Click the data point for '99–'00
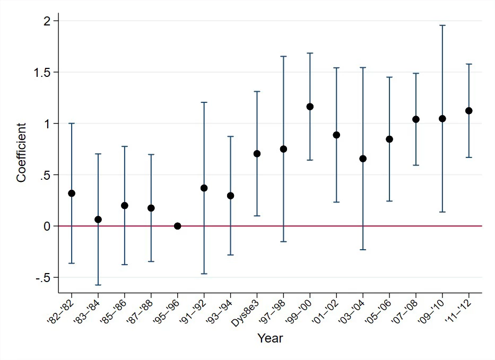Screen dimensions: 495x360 (310, 107)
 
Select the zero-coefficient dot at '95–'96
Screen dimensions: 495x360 (177, 226)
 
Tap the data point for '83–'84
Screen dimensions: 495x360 (98, 219)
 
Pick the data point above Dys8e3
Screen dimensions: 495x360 (257, 154)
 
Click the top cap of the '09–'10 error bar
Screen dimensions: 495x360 (442, 25)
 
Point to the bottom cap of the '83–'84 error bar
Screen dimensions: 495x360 (98, 285)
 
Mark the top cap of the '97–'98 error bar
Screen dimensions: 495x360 (283, 56)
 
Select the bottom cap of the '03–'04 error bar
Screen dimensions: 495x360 (363, 250)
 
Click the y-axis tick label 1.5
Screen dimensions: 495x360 (42, 72)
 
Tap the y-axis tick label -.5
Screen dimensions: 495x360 (43, 278)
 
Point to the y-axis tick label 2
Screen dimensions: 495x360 (47, 21)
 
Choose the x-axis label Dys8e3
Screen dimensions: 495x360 (245, 313)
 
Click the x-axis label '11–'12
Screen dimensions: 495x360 (458, 311)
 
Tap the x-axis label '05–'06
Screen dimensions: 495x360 (378, 311)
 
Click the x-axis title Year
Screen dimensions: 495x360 (270, 338)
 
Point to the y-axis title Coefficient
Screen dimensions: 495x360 (21, 153)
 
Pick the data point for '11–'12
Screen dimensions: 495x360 (469, 111)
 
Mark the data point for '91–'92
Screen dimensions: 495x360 (204, 188)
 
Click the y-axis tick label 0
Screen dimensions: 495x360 (47, 226)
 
